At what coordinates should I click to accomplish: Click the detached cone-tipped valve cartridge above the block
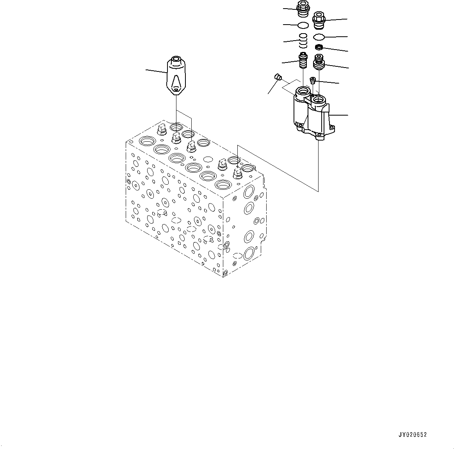tap(176, 76)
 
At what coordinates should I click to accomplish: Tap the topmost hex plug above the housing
tap(303, 8)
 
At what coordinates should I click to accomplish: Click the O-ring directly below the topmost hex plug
tap(303, 25)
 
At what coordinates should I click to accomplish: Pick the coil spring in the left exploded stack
tap(303, 39)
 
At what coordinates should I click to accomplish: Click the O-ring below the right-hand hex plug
tap(319, 37)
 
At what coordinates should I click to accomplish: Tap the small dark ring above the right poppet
tap(319, 48)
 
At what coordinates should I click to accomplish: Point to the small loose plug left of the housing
tap(278, 77)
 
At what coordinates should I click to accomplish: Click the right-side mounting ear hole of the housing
tap(332, 127)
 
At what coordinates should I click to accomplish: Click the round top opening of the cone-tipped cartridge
tap(176, 60)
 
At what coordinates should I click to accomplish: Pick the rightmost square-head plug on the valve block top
tap(237, 173)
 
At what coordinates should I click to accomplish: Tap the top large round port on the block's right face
tap(249, 192)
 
